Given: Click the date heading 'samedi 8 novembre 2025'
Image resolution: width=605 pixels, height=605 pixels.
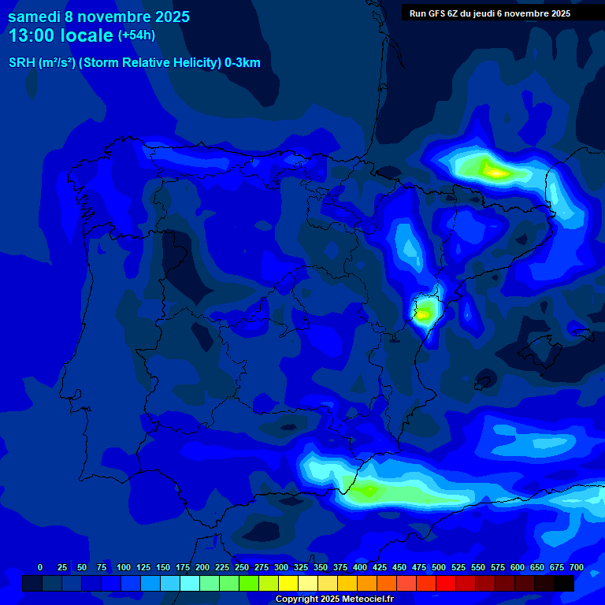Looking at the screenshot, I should tap(98, 17).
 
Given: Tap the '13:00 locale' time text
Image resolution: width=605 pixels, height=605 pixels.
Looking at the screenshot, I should tap(61, 35).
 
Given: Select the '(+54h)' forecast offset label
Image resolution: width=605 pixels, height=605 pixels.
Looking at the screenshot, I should tap(136, 35).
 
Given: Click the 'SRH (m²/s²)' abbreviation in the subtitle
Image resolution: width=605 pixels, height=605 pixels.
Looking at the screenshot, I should tap(42, 63).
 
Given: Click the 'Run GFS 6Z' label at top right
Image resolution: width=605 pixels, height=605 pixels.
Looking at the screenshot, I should tap(436, 13).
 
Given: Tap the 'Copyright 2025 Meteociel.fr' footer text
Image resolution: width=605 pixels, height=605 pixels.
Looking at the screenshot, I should tap(334, 599).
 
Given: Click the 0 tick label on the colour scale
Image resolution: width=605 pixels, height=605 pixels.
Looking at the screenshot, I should tap(40, 567).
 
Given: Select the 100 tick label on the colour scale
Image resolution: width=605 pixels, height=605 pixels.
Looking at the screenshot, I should tap(124, 567).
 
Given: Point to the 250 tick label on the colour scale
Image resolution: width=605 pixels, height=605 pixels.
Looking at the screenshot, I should tap(242, 567).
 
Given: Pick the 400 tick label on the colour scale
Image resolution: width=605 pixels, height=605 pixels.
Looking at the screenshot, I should tap(360, 567).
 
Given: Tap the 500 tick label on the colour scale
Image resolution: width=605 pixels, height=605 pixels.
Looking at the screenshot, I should tap(439, 567).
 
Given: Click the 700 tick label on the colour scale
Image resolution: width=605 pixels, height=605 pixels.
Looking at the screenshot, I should tap(577, 567).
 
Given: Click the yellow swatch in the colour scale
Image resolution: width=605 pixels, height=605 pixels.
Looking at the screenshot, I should tap(288, 584).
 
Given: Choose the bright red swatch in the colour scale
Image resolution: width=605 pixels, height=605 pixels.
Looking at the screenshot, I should tap(446, 584).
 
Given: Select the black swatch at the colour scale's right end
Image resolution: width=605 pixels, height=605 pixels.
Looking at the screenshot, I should tap(564, 584).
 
